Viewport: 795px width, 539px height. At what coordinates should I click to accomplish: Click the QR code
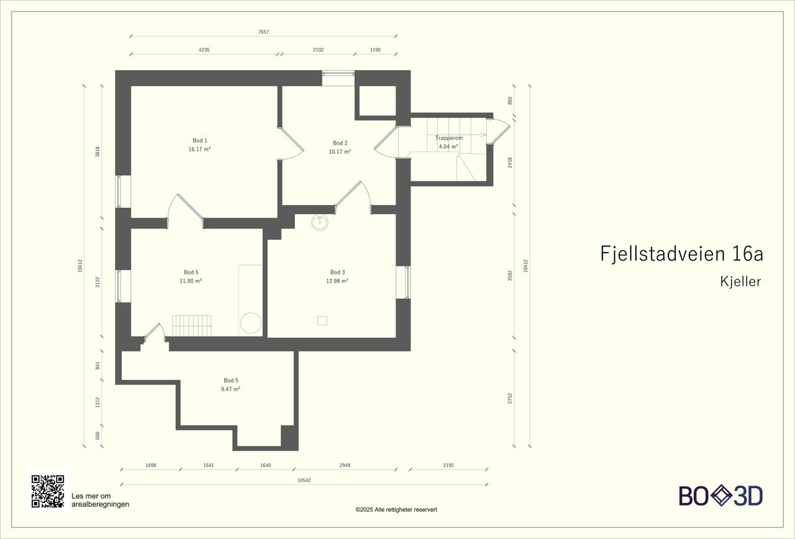pyautogui.click(x=48, y=491)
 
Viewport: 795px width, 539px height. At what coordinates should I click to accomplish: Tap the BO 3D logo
pyautogui.click(x=720, y=496)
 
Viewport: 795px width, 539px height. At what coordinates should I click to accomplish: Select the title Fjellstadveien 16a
pyautogui.click(x=681, y=254)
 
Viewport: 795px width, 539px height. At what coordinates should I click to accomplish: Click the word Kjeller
pyautogui.click(x=740, y=282)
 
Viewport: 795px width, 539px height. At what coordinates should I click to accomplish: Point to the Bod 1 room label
pyautogui.click(x=199, y=140)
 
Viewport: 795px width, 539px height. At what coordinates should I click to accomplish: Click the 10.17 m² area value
pyautogui.click(x=340, y=152)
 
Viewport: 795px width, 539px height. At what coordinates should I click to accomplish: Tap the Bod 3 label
pyautogui.click(x=337, y=272)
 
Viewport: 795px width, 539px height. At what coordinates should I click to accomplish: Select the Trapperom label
pyautogui.click(x=448, y=138)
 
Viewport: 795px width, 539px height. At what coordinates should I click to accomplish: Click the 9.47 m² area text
pyautogui.click(x=230, y=389)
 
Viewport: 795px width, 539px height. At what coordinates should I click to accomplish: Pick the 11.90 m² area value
pyautogui.click(x=191, y=281)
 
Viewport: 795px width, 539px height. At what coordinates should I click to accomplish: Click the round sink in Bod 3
pyautogui.click(x=320, y=222)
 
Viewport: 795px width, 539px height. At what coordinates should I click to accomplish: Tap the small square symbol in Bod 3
pyautogui.click(x=322, y=320)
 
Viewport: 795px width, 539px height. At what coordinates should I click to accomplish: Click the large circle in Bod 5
pyautogui.click(x=251, y=323)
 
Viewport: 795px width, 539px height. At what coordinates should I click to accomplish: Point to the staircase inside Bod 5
pyautogui.click(x=191, y=326)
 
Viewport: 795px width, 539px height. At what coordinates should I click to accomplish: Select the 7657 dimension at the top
pyautogui.click(x=263, y=32)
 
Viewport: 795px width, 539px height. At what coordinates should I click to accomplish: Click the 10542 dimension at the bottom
pyautogui.click(x=304, y=480)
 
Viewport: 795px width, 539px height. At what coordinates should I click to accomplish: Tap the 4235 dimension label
pyautogui.click(x=204, y=50)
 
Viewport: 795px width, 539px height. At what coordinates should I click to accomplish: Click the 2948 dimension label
pyautogui.click(x=345, y=465)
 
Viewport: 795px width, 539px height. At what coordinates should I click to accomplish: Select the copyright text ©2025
pyautogui.click(x=396, y=509)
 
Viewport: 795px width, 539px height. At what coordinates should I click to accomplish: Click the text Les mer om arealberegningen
pyautogui.click(x=100, y=500)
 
